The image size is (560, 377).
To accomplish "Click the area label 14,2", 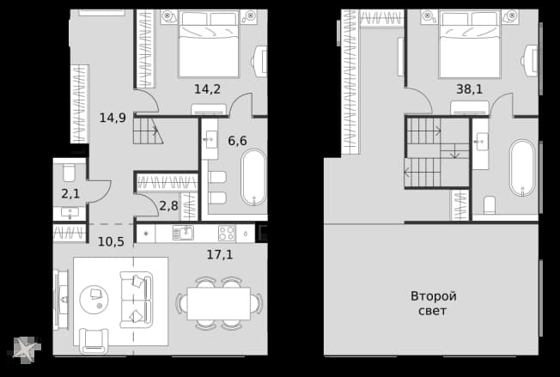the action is [x=207, y=89].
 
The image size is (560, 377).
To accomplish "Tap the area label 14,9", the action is [x=113, y=118].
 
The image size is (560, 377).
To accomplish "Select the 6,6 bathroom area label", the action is [x=238, y=141].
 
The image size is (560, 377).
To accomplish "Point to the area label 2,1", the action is [x=70, y=194].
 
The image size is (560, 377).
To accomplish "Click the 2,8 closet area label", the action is [x=168, y=205].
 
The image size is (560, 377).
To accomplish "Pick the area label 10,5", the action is [x=111, y=241].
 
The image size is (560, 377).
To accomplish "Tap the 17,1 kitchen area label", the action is [x=220, y=254].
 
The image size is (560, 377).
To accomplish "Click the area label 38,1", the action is [x=469, y=89].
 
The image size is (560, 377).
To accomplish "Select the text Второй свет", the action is [x=433, y=303].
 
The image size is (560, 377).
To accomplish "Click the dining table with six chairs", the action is [x=219, y=303].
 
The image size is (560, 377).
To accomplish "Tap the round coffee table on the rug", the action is [x=94, y=299].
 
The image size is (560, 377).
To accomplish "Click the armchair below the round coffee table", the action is [x=94, y=341].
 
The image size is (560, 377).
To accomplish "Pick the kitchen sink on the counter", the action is [x=183, y=233].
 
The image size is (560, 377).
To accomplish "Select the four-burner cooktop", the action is [x=227, y=234].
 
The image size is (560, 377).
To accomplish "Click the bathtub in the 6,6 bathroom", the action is [x=253, y=178].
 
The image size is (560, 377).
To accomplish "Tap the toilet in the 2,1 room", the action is [x=69, y=173].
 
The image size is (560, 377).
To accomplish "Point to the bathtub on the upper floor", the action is [x=522, y=167].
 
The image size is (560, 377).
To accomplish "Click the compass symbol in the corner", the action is [x=27, y=350].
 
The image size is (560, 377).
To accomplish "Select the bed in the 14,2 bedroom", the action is [x=209, y=44].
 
